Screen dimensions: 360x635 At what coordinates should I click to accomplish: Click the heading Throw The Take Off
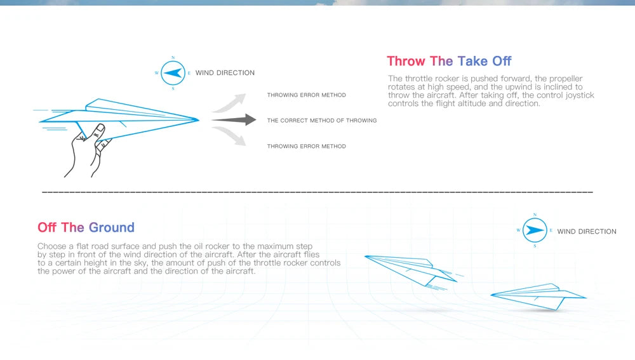point(449,61)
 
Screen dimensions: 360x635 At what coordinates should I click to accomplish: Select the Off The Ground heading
point(86,227)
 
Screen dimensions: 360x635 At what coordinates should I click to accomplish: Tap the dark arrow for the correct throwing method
point(233,120)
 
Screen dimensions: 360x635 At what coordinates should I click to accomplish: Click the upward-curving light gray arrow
point(230,102)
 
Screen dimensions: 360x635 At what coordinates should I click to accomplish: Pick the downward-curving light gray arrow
point(230,136)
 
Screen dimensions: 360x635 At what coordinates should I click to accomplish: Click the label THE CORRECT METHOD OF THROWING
point(321,121)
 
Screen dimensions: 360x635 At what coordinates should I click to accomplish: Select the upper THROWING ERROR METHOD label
point(306,95)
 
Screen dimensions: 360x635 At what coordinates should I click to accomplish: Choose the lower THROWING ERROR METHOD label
point(306,147)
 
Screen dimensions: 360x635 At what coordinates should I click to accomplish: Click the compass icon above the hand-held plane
point(173,73)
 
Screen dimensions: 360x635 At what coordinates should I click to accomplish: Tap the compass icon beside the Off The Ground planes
point(535,230)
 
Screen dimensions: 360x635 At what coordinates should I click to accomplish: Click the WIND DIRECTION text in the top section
point(225,73)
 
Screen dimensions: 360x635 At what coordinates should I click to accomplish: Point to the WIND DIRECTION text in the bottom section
point(587,232)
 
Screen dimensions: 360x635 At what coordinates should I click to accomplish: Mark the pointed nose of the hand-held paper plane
point(197,119)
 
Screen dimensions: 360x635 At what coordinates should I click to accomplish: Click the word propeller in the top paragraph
point(559,79)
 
